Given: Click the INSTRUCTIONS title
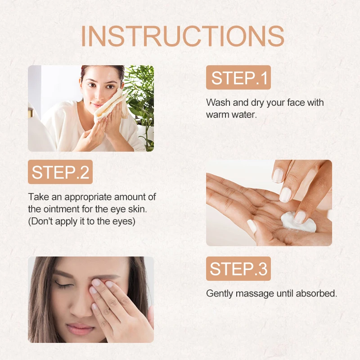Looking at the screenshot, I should click(182, 36).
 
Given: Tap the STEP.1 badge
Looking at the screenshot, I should click(238, 77).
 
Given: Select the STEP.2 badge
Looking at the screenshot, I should click(60, 172).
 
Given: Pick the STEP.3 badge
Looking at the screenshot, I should click(238, 269).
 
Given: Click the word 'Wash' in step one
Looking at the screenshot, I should click(216, 103).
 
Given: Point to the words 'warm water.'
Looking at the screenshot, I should click(231, 114).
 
